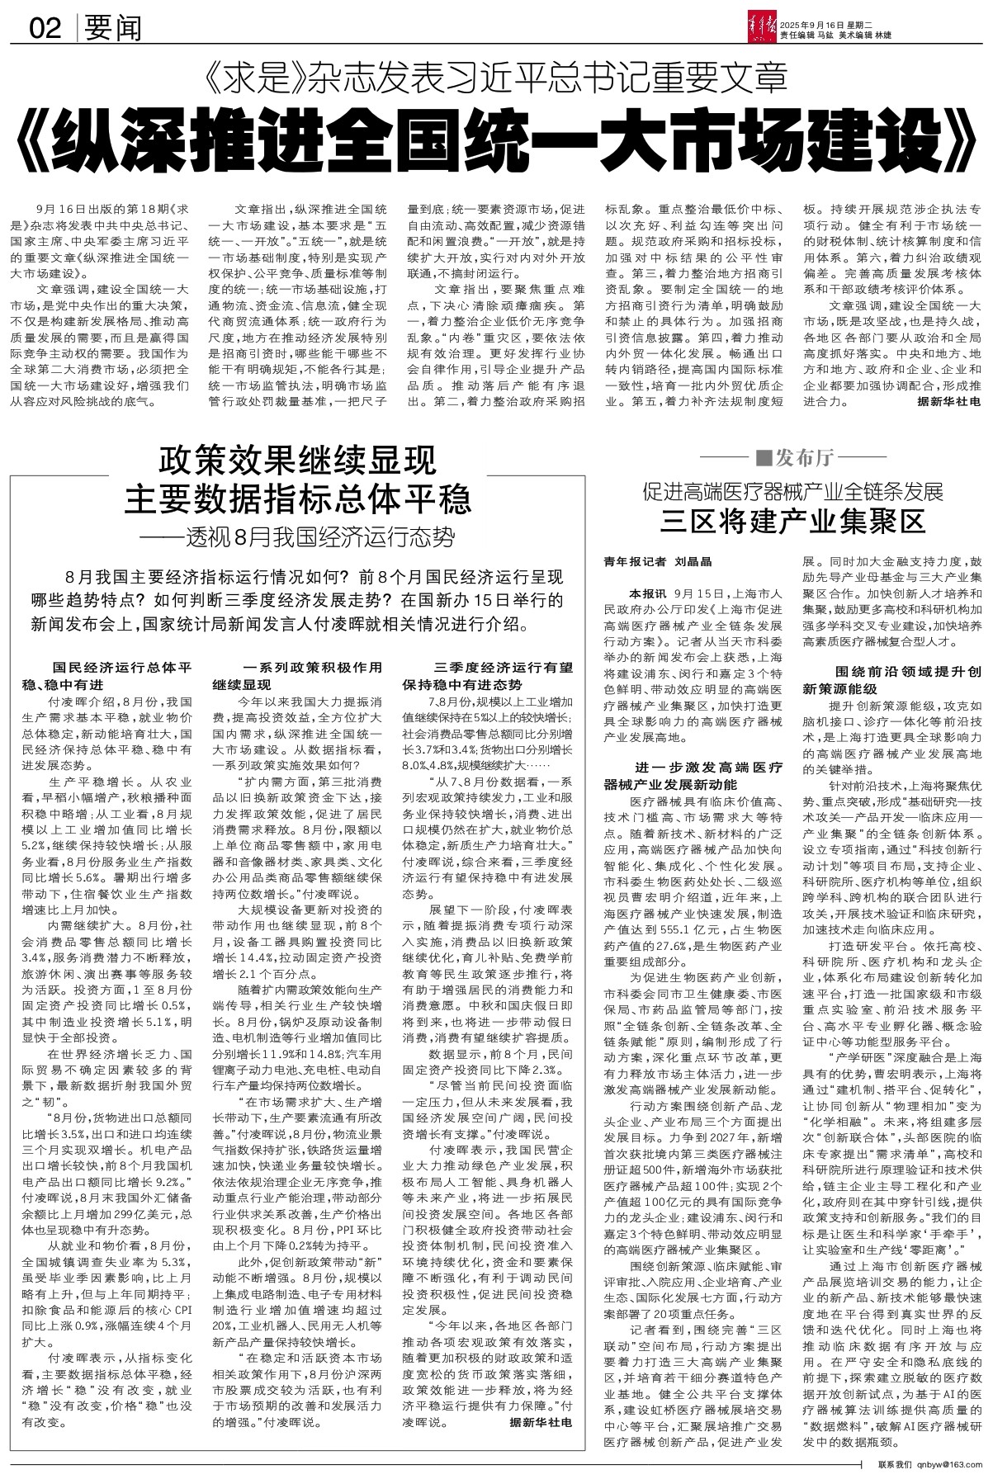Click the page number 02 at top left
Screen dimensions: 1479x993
[46, 30]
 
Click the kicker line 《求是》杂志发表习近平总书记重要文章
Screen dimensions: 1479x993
[495, 81]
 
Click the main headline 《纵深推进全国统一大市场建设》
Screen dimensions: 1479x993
[495, 141]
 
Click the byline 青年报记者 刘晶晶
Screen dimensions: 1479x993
[658, 561]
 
